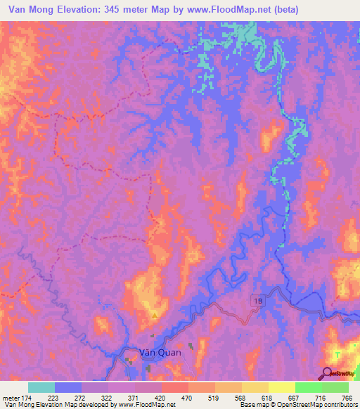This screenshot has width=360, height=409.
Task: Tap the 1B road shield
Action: pyautogui.click(x=257, y=301)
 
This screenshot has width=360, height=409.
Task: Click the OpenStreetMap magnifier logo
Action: pyautogui.click(x=328, y=374)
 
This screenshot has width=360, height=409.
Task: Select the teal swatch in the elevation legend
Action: pyautogui.click(x=41, y=387)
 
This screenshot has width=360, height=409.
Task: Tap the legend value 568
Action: pyautogui.click(x=230, y=397)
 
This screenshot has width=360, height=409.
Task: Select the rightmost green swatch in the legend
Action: pyautogui.click(x=335, y=387)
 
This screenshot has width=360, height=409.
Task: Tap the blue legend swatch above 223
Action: pyautogui.click(x=68, y=387)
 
